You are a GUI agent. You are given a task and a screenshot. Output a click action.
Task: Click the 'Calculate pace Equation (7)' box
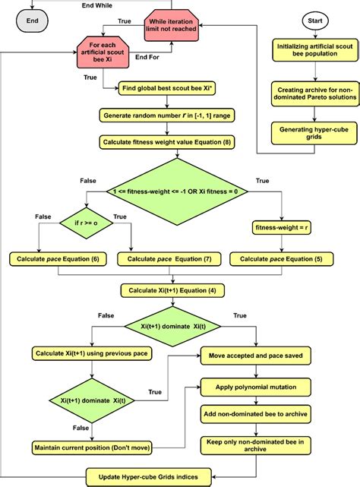[169, 259]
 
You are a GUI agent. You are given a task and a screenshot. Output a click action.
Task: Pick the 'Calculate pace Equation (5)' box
[280, 259]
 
